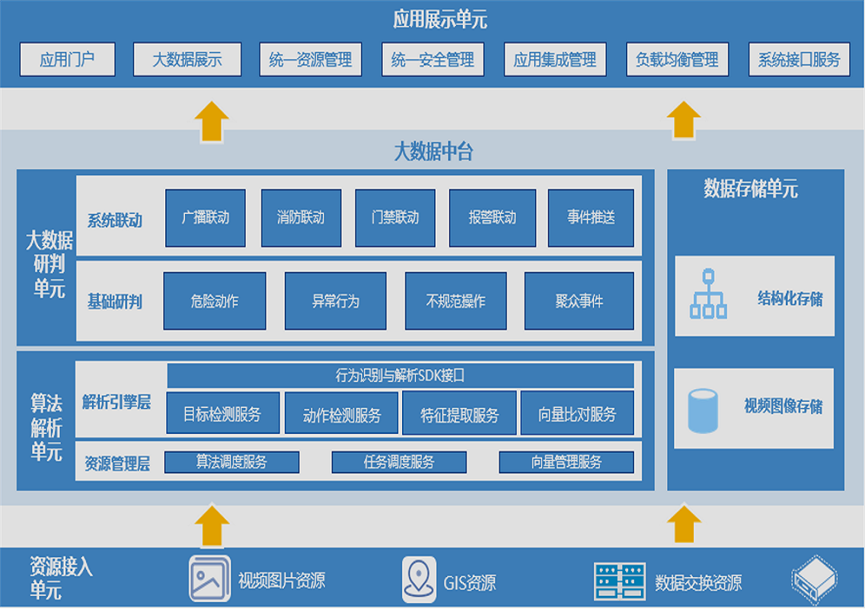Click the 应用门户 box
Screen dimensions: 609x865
67,59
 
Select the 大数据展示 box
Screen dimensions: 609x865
187,59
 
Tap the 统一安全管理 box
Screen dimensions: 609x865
432,59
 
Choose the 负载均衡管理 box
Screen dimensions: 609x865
677,59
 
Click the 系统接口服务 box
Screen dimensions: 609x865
799,59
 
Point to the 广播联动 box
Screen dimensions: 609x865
206,218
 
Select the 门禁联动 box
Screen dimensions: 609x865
394,218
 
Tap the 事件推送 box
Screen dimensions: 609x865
590,218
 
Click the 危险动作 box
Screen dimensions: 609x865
215,301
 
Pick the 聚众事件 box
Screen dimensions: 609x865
579,301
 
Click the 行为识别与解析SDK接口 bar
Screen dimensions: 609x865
400,375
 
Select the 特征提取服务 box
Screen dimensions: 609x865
459,415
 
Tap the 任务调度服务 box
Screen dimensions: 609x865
399,461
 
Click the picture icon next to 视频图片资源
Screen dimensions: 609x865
209,579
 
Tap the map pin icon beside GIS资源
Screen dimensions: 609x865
419,579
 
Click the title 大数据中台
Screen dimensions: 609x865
433,152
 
